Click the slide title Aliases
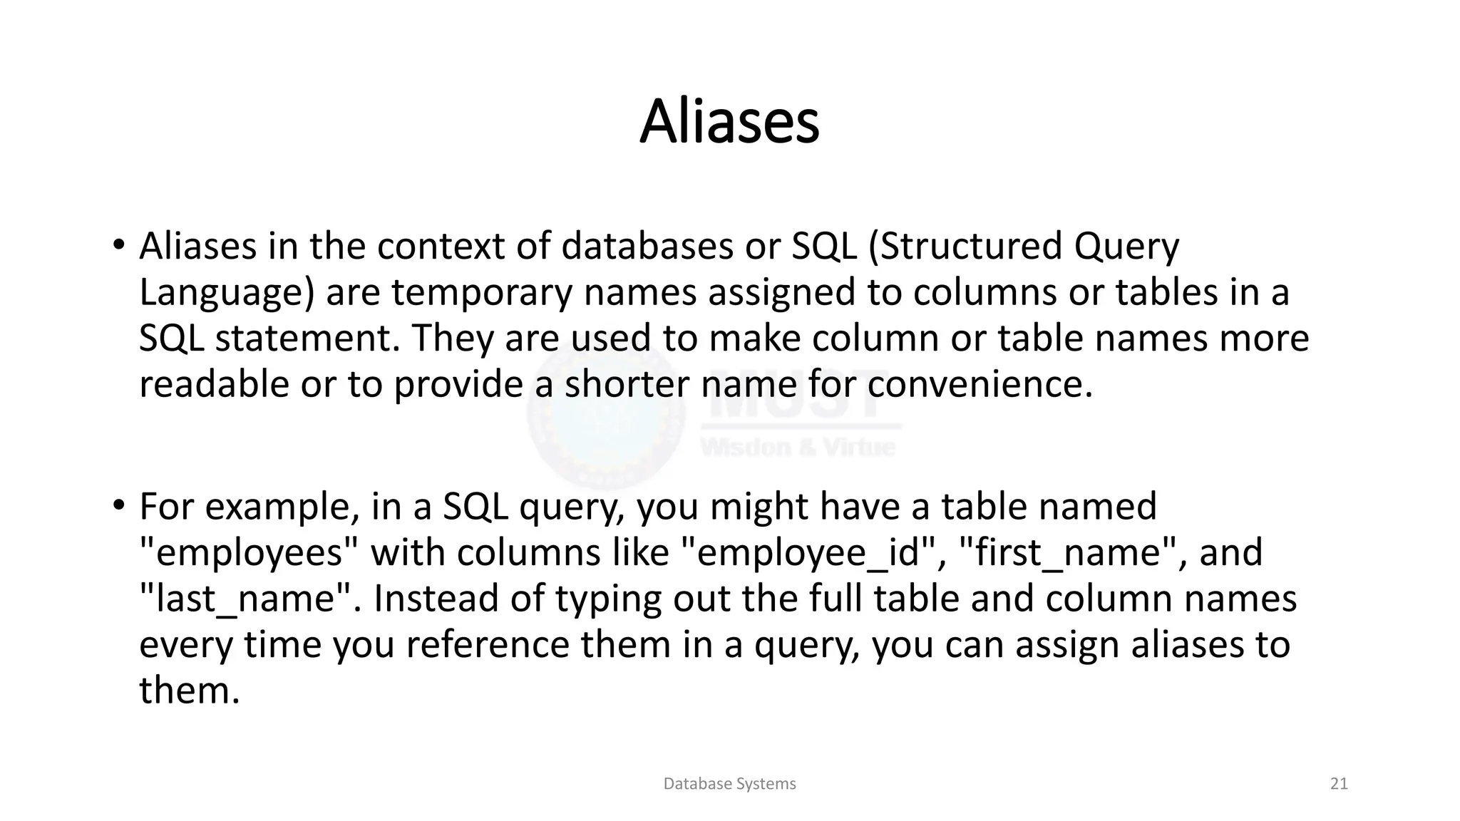[x=729, y=122]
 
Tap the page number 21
[x=1339, y=784]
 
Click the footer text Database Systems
[x=729, y=784]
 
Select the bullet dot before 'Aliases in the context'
[x=118, y=246]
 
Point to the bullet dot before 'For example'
[x=118, y=506]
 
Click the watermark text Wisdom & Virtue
[x=798, y=448]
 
